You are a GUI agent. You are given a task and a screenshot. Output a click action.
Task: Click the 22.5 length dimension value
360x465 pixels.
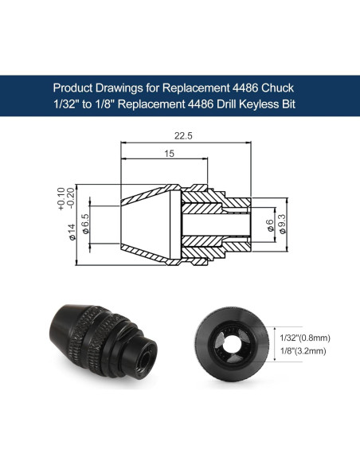pyautogui.click(x=183, y=136)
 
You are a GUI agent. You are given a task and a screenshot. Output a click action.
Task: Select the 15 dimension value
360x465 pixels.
pyautogui.click(x=170, y=154)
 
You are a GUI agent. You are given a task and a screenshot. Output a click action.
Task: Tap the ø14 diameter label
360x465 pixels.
pyautogui.click(x=72, y=232)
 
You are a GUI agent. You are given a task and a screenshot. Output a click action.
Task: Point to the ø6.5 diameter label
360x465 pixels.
pyautogui.click(x=85, y=224)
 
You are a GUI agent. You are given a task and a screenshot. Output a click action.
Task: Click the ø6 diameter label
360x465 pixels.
pyautogui.click(x=270, y=225)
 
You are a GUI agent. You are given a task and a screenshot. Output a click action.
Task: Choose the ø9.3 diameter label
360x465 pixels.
pyautogui.click(x=283, y=224)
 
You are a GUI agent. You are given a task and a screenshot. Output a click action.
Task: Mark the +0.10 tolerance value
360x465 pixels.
pyautogui.click(x=61, y=199)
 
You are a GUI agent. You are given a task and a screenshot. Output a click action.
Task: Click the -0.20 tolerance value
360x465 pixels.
pyautogui.click(x=71, y=198)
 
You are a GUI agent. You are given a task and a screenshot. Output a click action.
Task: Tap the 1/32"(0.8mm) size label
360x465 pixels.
pyautogui.click(x=305, y=338)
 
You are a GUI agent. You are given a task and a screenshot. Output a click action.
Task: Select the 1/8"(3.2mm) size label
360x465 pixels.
pyautogui.click(x=303, y=351)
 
